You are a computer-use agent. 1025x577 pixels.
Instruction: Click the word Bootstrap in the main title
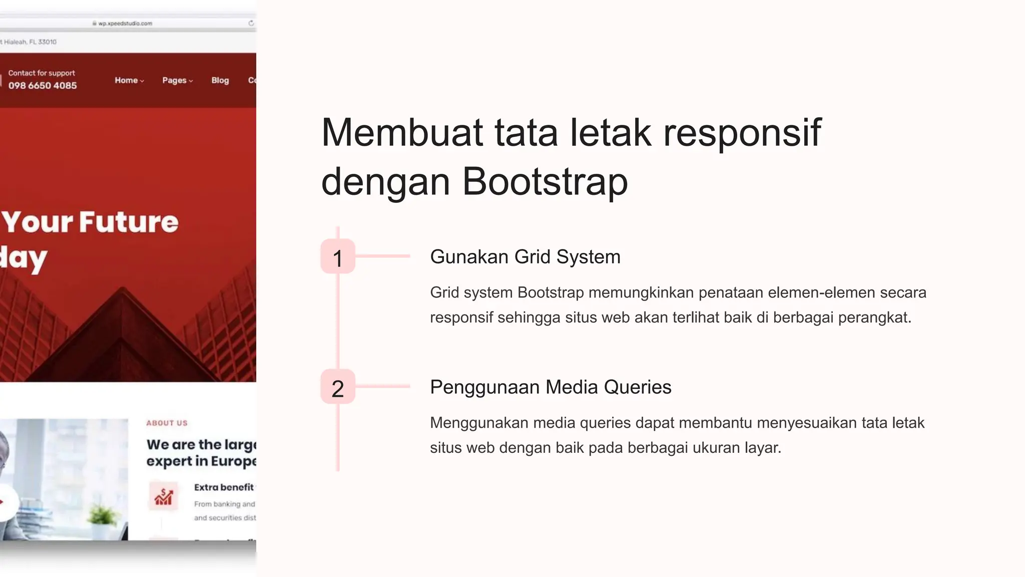point(545,181)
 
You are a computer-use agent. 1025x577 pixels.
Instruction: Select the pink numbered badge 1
point(338,257)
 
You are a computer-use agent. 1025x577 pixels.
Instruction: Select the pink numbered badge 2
point(338,387)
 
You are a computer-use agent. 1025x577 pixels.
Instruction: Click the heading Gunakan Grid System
point(525,257)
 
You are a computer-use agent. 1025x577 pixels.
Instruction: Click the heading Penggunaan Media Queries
point(551,387)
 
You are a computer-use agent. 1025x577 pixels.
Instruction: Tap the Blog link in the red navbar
point(220,80)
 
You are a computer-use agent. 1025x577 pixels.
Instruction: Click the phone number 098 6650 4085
point(43,86)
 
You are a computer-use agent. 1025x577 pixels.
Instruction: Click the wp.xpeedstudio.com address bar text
point(125,23)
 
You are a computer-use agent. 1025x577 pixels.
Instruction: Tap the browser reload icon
point(251,23)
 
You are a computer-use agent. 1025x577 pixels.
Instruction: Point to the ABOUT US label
point(167,423)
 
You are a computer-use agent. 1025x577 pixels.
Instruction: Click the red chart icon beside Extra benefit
point(164,496)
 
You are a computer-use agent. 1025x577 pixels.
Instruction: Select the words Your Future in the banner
point(90,222)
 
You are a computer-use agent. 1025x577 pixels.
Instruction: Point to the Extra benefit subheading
point(224,487)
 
